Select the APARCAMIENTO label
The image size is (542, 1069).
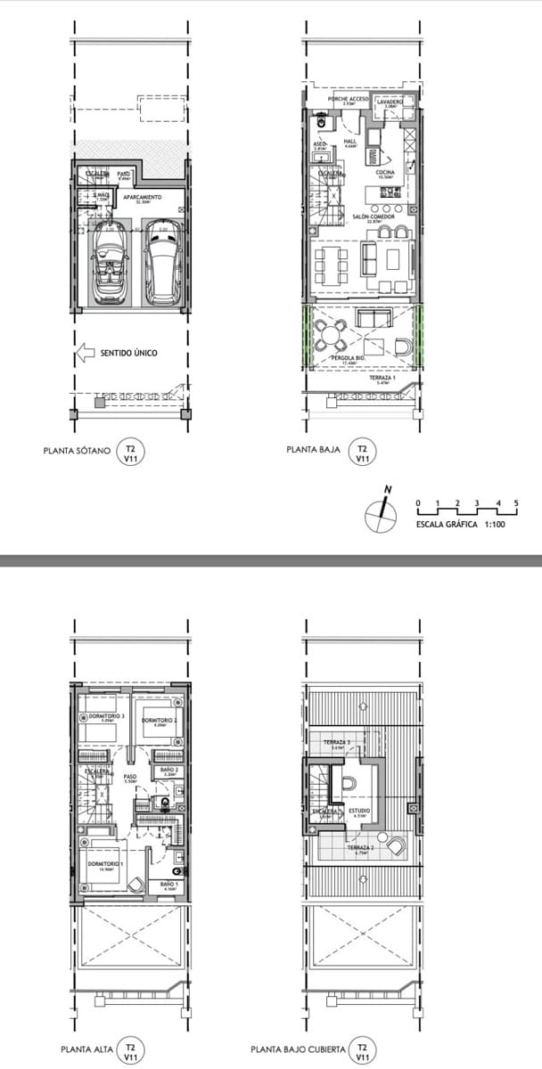pos(142,197)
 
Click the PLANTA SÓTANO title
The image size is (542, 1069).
pos(77,451)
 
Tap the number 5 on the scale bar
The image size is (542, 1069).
pos(516,504)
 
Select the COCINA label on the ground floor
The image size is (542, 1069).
pos(386,173)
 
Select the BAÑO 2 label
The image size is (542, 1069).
pos(168,769)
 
